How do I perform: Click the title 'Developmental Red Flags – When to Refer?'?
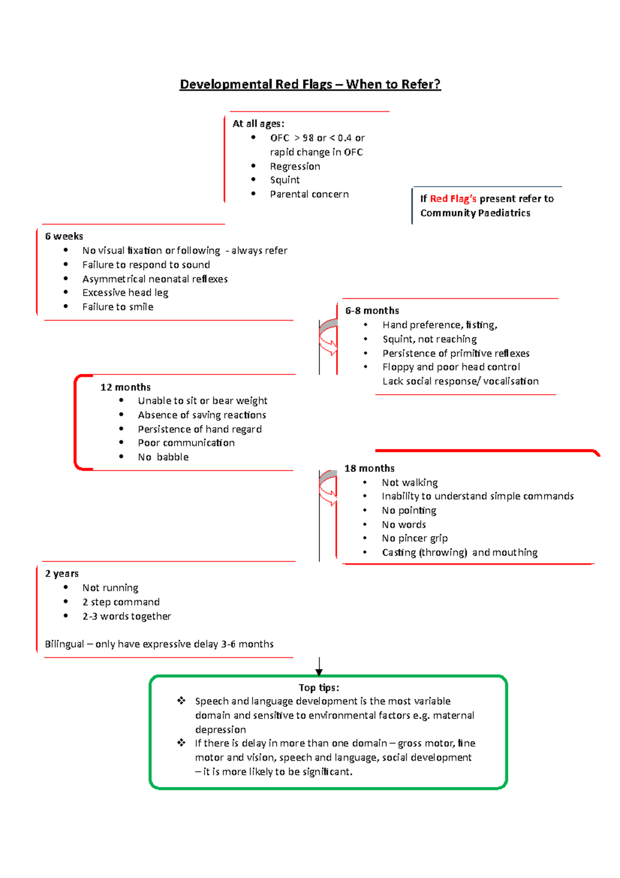(x=310, y=84)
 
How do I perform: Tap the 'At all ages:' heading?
(x=258, y=124)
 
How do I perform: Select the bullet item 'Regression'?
(x=295, y=166)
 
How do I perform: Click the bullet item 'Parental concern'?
(x=309, y=194)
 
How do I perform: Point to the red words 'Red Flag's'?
(x=453, y=199)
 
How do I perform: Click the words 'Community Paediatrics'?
(x=475, y=213)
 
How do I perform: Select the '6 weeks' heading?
(x=64, y=236)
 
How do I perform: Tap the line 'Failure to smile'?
(x=118, y=307)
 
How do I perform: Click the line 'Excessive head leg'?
(x=125, y=293)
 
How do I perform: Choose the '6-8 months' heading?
(x=372, y=311)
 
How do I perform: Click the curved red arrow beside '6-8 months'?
(x=328, y=339)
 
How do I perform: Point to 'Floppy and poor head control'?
(x=451, y=367)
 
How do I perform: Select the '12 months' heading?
(x=126, y=387)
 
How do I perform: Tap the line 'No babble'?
(x=163, y=457)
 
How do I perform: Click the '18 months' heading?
(x=369, y=468)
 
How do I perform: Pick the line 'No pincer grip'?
(x=414, y=538)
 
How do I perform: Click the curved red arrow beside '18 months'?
(x=328, y=489)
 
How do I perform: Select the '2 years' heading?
(x=61, y=573)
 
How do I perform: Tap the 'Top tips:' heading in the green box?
(x=319, y=688)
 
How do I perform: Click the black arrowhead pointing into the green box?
(x=319, y=672)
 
